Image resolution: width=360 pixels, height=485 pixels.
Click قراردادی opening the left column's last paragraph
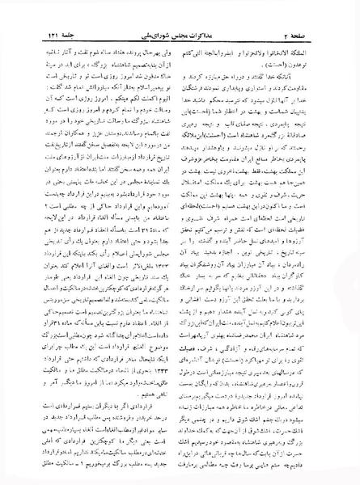point(159,404)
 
